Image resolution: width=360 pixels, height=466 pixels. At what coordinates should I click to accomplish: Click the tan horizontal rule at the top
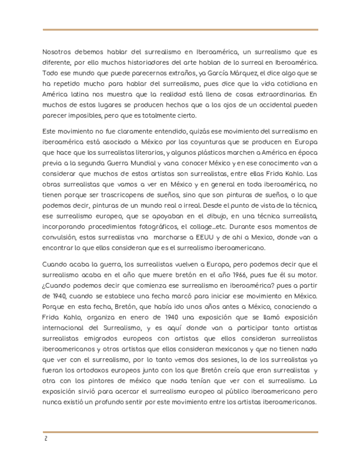click(180, 30)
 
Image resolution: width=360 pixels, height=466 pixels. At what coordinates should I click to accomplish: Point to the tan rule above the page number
click(180, 432)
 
